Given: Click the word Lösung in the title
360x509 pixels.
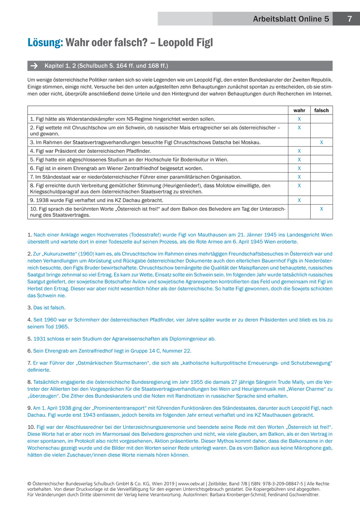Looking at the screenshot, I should [45, 42].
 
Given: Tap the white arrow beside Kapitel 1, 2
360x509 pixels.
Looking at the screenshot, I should [34, 65].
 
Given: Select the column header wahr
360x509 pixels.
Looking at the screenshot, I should [299, 110].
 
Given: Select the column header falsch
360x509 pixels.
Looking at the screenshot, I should [321, 110].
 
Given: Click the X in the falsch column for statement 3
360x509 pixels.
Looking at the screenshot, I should [322, 142].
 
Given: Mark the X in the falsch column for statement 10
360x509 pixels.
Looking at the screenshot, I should [322, 209].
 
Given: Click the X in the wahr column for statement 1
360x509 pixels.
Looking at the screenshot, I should [299, 119].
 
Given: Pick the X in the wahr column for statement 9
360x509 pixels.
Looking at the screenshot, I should [299, 200].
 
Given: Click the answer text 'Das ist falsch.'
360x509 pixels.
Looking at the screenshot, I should [49, 308].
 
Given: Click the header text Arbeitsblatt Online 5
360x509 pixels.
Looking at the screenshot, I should [291, 19].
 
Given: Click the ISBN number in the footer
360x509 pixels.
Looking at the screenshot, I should [281, 484].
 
